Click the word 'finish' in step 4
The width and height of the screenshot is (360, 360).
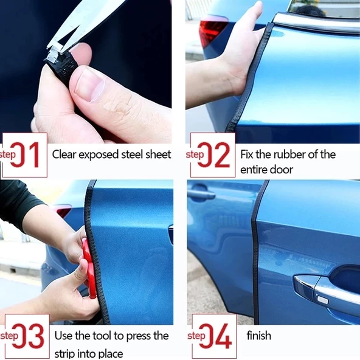258,335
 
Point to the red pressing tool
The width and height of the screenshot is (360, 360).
90,268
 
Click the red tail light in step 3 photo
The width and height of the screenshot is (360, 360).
63,211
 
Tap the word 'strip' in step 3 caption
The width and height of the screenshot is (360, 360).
64,353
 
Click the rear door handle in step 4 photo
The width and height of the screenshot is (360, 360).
201,195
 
